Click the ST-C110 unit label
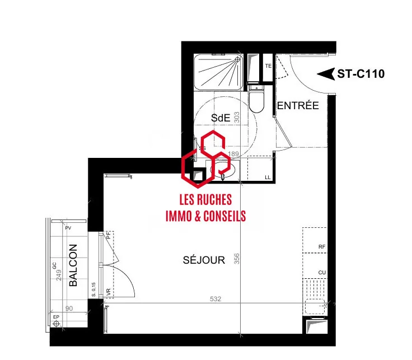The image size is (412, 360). [x=360, y=74]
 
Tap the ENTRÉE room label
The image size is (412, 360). [x=298, y=105]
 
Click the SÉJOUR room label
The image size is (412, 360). [x=204, y=260]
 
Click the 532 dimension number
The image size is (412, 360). [x=216, y=299]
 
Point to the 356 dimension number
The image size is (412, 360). [x=237, y=259]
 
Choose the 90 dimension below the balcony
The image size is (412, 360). [x=69, y=308]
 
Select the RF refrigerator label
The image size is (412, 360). [x=321, y=246]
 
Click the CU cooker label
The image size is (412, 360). [x=321, y=273]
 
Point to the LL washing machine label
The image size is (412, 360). [x=268, y=177]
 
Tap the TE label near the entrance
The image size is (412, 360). [x=268, y=66]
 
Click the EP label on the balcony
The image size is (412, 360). [x=55, y=317]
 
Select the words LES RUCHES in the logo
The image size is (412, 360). [x=205, y=200]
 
